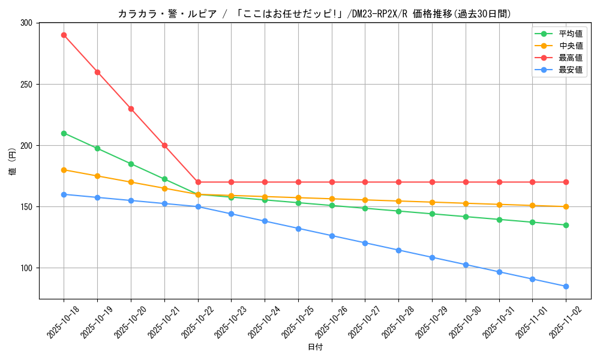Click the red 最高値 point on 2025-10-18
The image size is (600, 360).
[x=64, y=35]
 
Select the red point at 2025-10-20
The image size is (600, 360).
[x=131, y=109]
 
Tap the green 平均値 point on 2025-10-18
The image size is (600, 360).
[x=64, y=133]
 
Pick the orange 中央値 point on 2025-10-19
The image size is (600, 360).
[x=97, y=176]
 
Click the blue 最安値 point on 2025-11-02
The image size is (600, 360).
[x=566, y=286]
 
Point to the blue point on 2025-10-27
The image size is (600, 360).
[x=365, y=243]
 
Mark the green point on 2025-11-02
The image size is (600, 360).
[x=566, y=225]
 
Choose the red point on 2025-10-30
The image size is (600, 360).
[x=466, y=182]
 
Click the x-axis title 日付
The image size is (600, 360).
[x=315, y=347]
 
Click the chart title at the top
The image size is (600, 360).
[x=315, y=13]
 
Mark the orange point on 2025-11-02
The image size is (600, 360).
[x=566, y=206]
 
